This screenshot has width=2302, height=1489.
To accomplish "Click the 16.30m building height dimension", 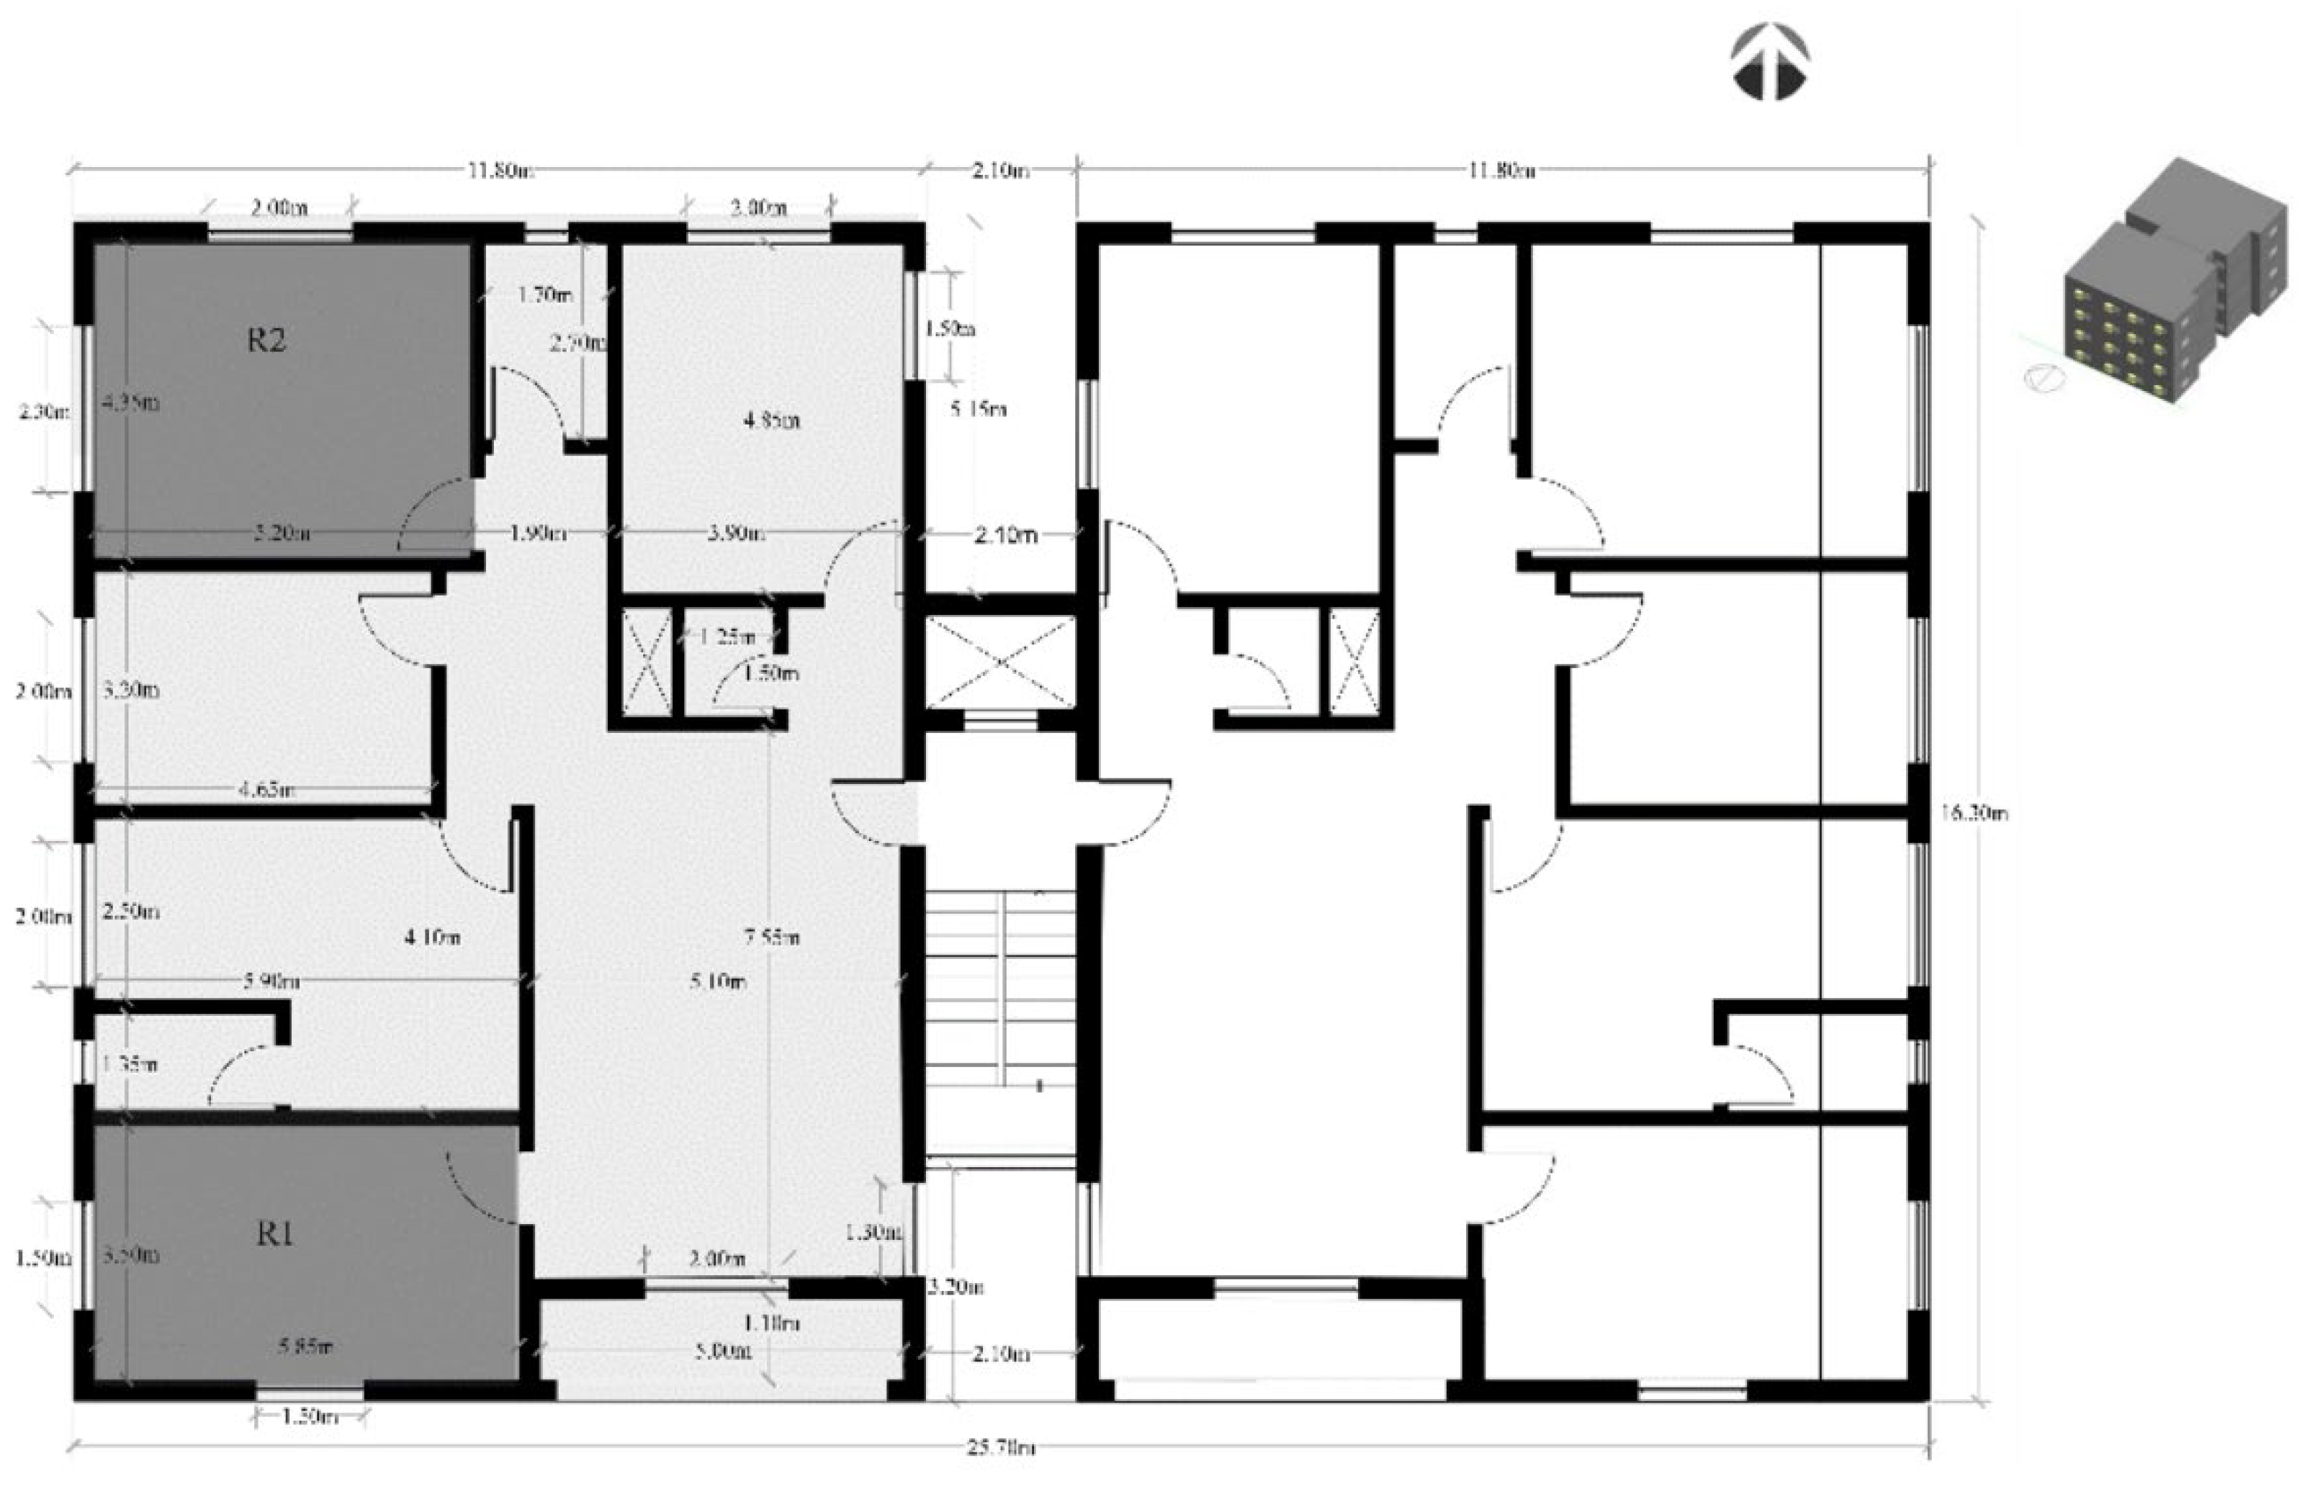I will tap(1973, 812).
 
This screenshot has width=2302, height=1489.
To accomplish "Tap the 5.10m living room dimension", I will tap(717, 982).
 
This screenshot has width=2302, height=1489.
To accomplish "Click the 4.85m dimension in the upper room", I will tap(770, 420).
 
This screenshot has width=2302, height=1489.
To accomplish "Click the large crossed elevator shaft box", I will tap(999, 662).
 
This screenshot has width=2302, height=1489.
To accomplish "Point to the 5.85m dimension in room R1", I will tap(305, 1346).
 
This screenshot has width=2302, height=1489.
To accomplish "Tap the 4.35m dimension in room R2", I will tap(130, 403).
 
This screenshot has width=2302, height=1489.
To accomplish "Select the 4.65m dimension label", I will tap(266, 790).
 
